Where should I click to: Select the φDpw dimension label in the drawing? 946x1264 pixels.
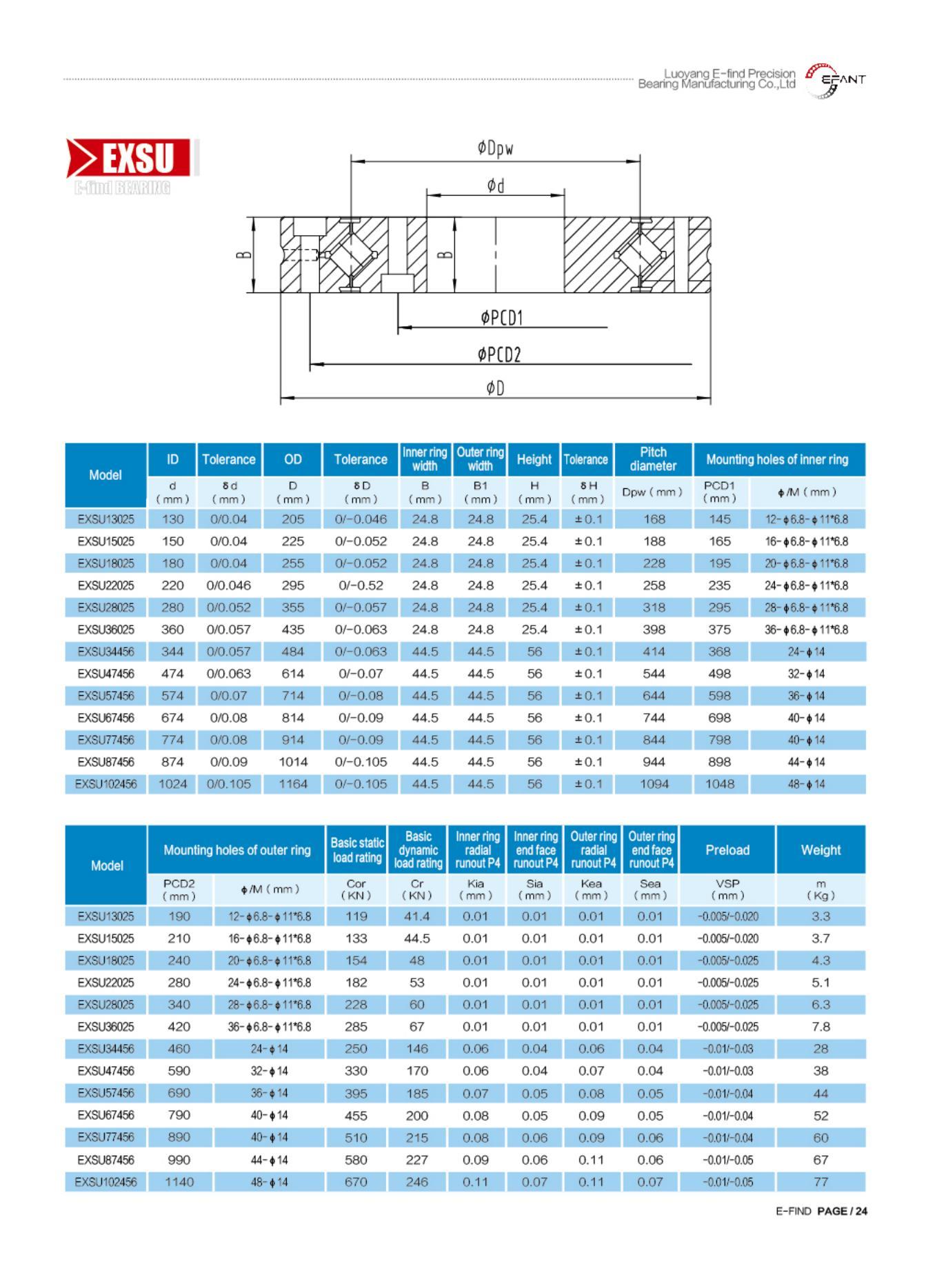click(495, 148)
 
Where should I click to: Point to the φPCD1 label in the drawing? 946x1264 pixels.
click(502, 318)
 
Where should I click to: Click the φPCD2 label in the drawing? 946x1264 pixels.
click(499, 354)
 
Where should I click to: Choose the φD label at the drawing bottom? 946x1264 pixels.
click(495, 389)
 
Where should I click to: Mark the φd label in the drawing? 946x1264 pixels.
click(495, 185)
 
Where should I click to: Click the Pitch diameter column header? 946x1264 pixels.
click(653, 459)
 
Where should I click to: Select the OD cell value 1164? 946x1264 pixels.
click(292, 784)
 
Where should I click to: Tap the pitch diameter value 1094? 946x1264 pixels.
click(654, 784)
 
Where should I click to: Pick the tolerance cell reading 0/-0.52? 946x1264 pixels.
click(361, 585)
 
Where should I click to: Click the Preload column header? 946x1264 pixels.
click(727, 850)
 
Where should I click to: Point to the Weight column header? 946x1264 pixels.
click(821, 850)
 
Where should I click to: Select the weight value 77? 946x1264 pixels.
click(821, 1182)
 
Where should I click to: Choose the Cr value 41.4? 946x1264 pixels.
click(417, 916)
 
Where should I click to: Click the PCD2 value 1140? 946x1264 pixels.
click(179, 1182)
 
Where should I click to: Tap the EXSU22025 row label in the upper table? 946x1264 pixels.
click(106, 585)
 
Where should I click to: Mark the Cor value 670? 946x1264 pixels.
click(356, 1182)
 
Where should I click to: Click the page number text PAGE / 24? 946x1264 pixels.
click(842, 1211)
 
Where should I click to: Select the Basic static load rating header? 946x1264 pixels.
click(356, 850)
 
